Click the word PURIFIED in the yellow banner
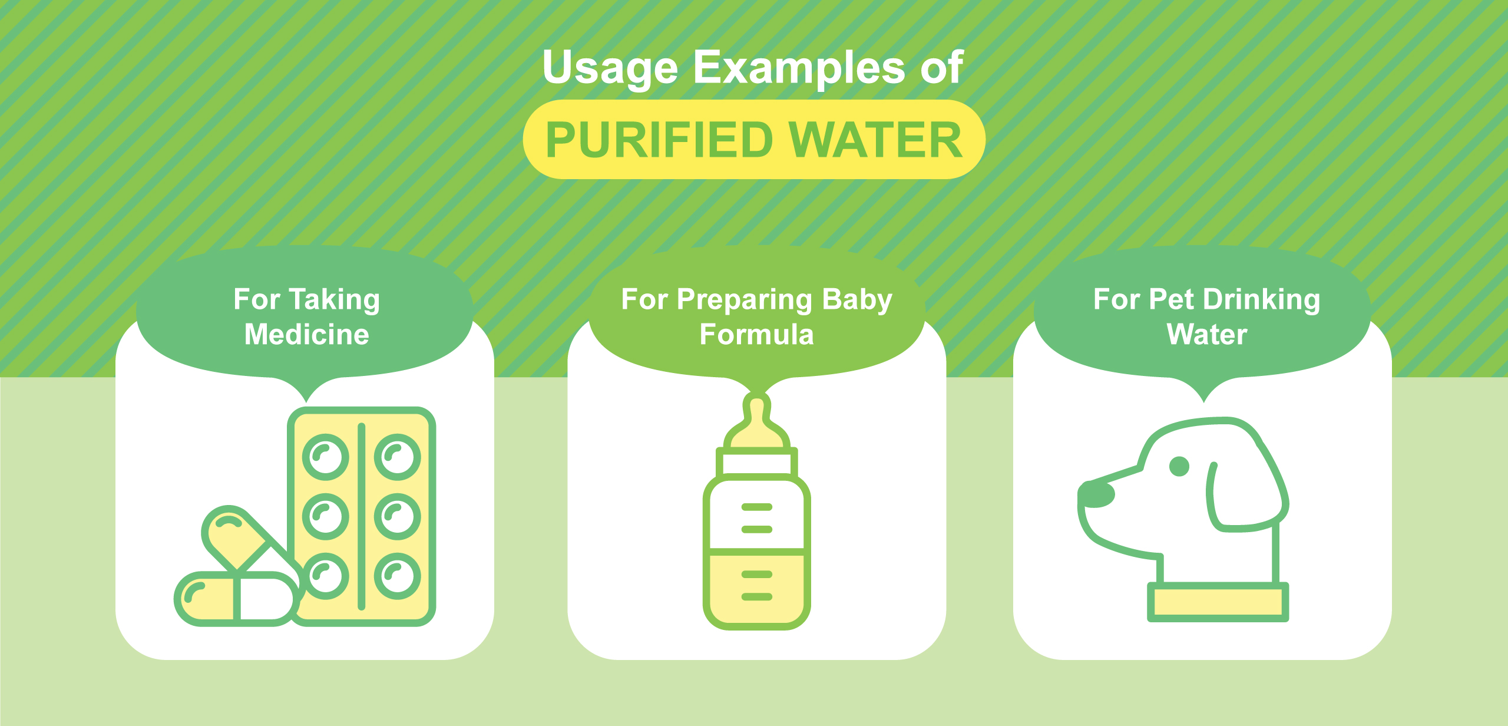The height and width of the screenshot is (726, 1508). pos(659,140)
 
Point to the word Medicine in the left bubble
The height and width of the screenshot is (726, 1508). pos(306,335)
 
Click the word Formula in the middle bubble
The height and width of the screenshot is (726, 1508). pos(756,335)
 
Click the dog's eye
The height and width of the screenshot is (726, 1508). pos(1179,466)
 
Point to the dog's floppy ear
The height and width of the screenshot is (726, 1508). pos(1243,495)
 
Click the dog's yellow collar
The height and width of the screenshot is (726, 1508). pos(1218,602)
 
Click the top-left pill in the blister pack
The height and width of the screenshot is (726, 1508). pos(325,457)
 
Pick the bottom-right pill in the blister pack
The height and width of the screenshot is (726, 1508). pos(398,576)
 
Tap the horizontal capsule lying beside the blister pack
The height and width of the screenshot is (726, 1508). pos(236,598)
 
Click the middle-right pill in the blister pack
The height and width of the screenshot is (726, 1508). pos(398,516)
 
